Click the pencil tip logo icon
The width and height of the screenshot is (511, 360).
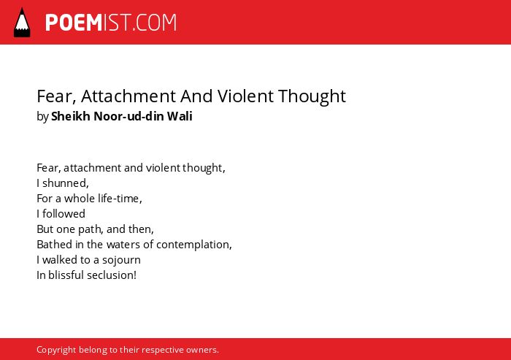pyautogui.click(x=22, y=23)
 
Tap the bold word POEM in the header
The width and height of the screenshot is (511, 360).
pyautogui.click(x=74, y=23)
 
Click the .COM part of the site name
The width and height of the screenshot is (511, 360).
pyautogui.click(x=154, y=23)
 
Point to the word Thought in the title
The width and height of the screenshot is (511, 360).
pyautogui.click(x=312, y=96)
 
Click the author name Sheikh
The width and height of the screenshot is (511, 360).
pyautogui.click(x=70, y=116)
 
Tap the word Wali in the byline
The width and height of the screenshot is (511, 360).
pyautogui.click(x=180, y=116)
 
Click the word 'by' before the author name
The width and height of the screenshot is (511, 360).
pyautogui.click(x=42, y=116)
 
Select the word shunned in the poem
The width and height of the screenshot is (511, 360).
pyautogui.click(x=65, y=183)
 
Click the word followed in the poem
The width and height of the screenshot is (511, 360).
pyautogui.click(x=64, y=213)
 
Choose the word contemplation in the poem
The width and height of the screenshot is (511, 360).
pyautogui.click(x=194, y=245)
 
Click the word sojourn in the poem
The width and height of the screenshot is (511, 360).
pyautogui.click(x=121, y=260)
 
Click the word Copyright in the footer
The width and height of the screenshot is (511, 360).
pyautogui.click(x=56, y=350)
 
